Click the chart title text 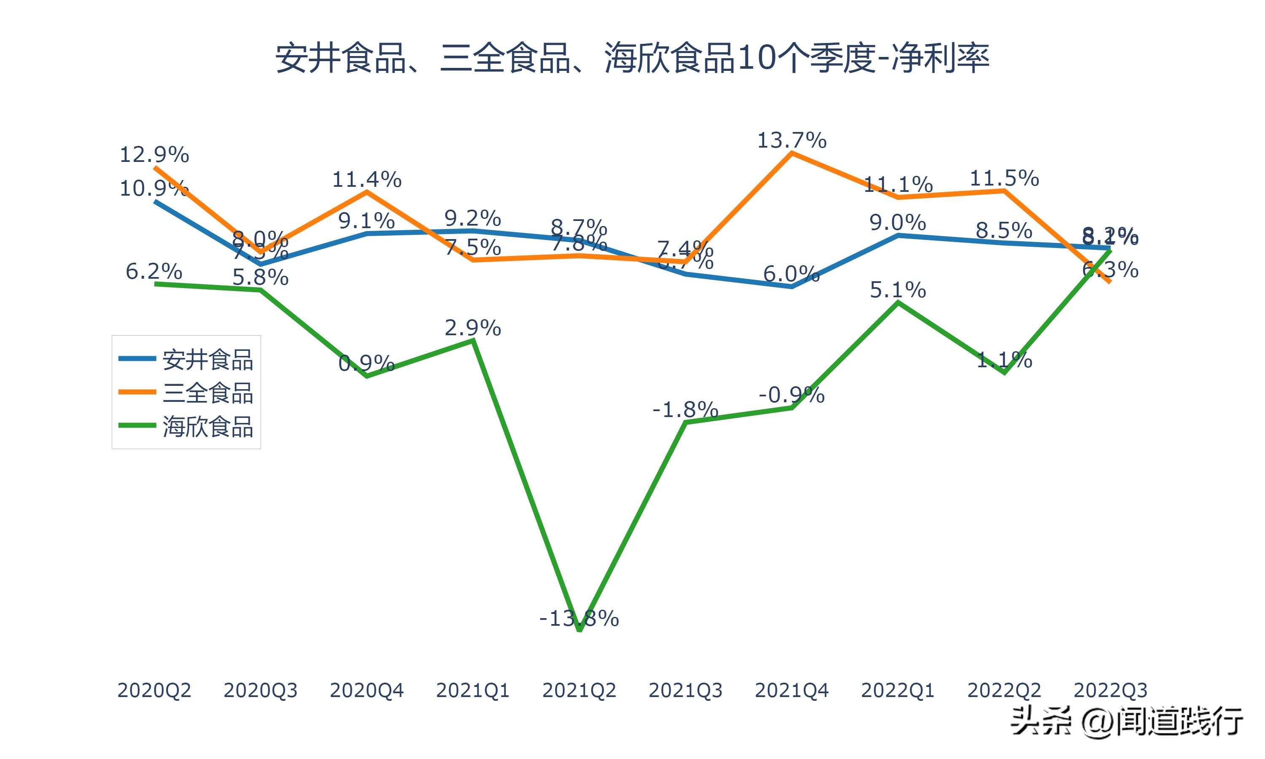pos(632,58)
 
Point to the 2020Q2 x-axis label pos(154,690)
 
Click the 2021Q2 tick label pos(579,690)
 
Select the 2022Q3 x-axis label pos(1110,690)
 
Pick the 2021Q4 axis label pos(791,690)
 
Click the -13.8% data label pos(579,619)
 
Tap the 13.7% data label pos(791,140)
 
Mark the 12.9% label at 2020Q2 pos(154,154)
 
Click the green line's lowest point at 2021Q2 pos(579,630)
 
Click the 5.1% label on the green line pos(898,290)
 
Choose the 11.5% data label pos(1004,178)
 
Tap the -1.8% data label pos(685,410)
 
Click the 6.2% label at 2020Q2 pos(154,271)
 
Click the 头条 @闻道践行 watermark pos(1127,721)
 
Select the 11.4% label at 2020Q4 pos(366,180)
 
